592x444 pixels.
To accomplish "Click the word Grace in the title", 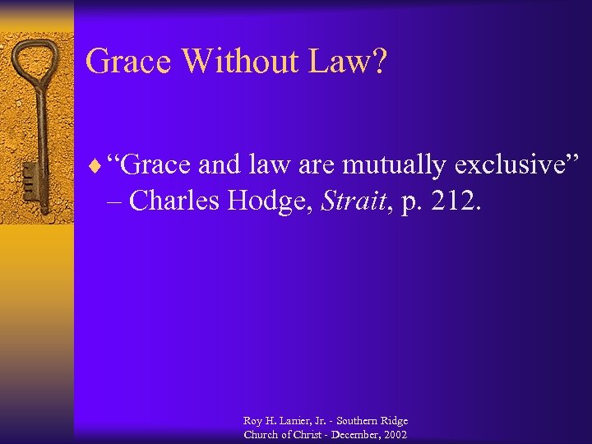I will (x=129, y=62).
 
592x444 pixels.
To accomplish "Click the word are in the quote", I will (x=310, y=165).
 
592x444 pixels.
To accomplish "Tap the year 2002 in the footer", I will (x=392, y=434).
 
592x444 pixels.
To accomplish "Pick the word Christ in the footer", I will (x=304, y=434).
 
